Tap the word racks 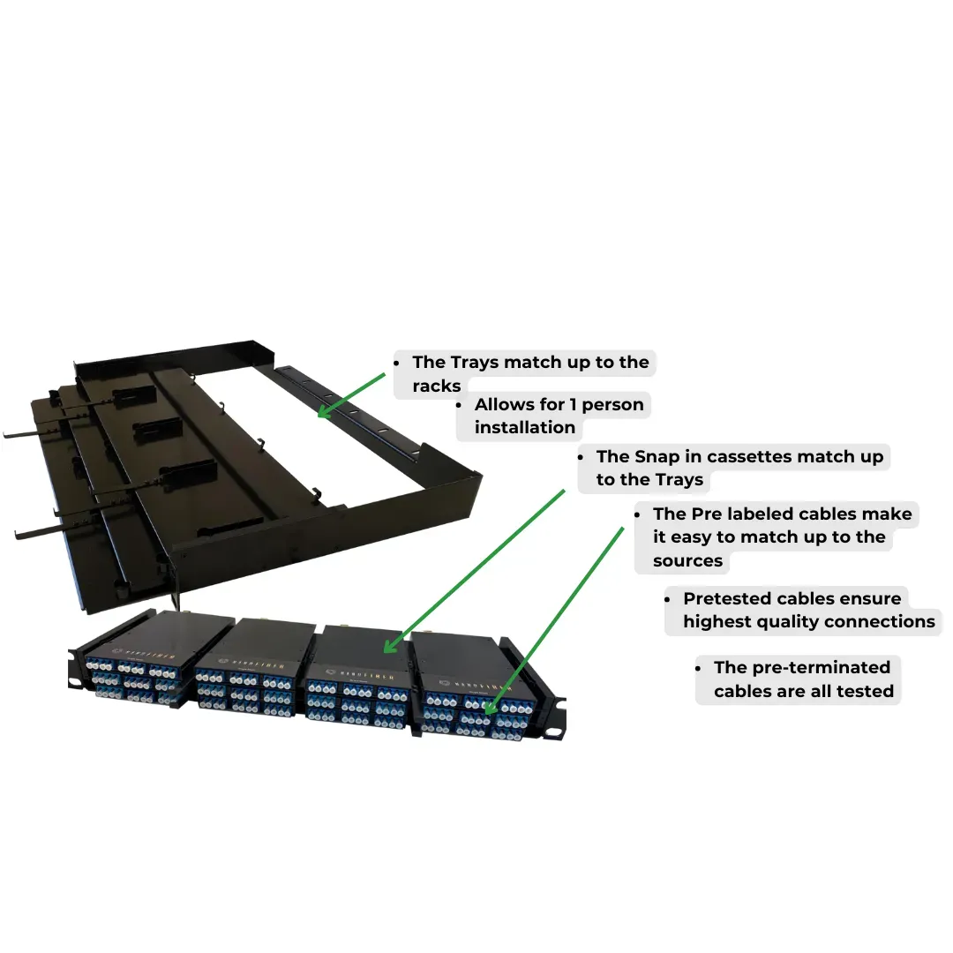(x=437, y=386)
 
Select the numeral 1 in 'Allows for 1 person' (x=573, y=404)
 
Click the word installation (x=524, y=427)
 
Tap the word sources (x=687, y=560)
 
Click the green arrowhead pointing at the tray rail (x=325, y=411)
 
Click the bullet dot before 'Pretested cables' (x=667, y=599)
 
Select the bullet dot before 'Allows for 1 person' (x=458, y=405)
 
